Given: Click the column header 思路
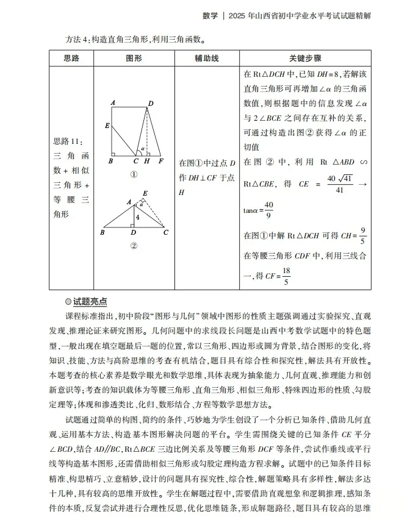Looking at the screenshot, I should pos(71,59).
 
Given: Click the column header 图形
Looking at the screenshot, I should pos(134,59).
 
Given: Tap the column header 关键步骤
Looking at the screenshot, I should pos(305,59).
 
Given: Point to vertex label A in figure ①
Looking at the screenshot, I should pos(113,102).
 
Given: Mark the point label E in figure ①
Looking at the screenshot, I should pos(107,126).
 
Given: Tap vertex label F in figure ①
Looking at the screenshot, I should pos(160,162).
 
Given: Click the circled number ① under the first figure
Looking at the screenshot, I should pos(134,174).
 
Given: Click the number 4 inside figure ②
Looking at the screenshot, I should pos(138,217).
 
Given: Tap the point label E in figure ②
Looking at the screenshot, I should pos(145,194).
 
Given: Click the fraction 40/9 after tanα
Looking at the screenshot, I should pos(269,209).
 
